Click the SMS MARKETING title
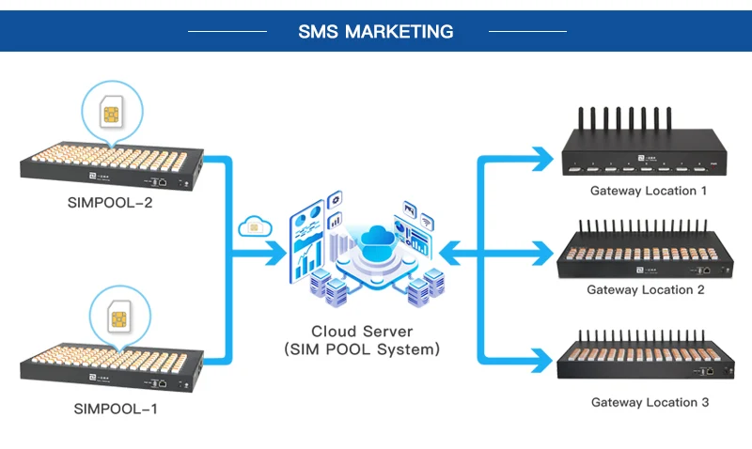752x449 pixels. (x=375, y=32)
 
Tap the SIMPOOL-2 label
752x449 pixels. (x=110, y=203)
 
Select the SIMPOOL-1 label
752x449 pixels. (x=115, y=409)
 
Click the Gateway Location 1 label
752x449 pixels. (x=649, y=191)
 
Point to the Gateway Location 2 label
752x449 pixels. (x=646, y=290)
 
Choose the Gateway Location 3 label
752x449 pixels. (x=650, y=402)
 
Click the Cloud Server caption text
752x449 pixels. (x=362, y=340)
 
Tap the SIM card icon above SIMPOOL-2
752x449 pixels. (x=111, y=112)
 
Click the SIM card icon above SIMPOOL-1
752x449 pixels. (x=119, y=317)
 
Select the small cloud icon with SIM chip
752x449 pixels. (x=255, y=226)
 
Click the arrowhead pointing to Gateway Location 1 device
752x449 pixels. (x=543, y=159)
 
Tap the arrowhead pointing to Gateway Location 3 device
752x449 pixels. (x=543, y=361)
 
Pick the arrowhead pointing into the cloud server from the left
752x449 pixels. (x=276, y=253)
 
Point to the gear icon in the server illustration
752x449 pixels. (x=335, y=199)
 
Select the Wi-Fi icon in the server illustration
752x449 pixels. (x=427, y=222)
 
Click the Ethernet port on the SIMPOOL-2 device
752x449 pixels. (x=163, y=182)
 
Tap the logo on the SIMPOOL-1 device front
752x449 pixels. (x=93, y=378)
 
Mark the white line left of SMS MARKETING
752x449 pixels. (x=227, y=31)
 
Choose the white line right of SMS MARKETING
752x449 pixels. (x=527, y=31)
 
